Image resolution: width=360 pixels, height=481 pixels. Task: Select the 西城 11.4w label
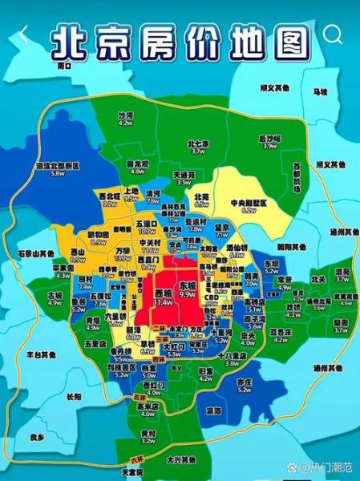tap(164, 298)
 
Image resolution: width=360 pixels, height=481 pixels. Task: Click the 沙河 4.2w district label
tap(125, 120)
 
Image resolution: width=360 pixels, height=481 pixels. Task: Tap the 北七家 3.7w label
tap(197, 148)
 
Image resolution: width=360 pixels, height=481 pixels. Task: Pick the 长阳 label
tap(74, 396)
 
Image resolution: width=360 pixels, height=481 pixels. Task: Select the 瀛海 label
tap(213, 410)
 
